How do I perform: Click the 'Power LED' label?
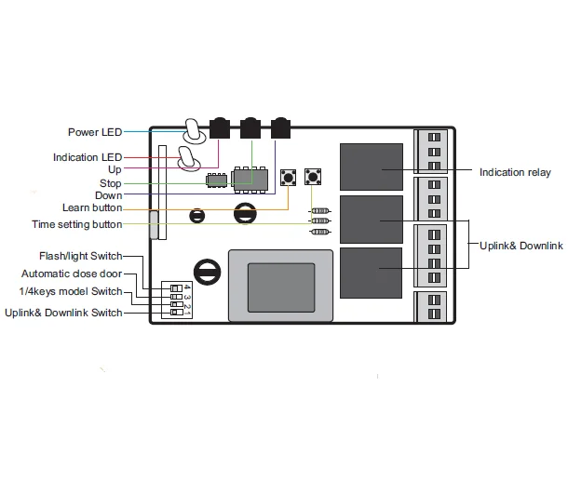click(95, 132)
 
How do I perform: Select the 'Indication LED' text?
click(88, 157)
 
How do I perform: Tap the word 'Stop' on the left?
click(110, 183)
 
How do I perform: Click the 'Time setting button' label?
click(76, 224)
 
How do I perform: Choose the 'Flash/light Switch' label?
click(80, 256)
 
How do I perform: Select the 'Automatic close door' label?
click(72, 274)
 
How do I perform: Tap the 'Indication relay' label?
click(515, 172)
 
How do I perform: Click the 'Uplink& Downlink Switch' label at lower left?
click(63, 314)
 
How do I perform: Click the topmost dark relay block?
click(370, 165)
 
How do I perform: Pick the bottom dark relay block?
click(370, 272)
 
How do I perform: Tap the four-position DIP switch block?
click(182, 298)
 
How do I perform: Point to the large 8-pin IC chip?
click(248, 178)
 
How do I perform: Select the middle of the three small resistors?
click(320, 220)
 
